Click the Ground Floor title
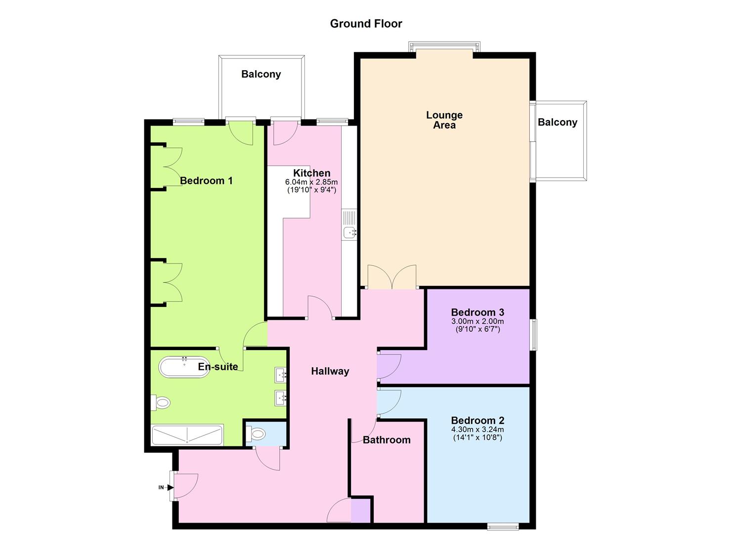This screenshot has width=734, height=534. coord(366,24)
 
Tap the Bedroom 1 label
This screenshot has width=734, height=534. coord(206,181)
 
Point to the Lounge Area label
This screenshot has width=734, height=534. coord(444,120)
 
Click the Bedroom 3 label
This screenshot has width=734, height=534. coord(477,312)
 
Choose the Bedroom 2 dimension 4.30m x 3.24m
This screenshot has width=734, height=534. coord(477,430)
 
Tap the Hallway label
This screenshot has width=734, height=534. coord(330,371)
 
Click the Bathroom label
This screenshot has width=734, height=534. coord(387,440)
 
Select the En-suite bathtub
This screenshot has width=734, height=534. coord(184,367)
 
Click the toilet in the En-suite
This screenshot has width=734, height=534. coord(161,403)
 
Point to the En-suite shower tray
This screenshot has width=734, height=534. coord(187,435)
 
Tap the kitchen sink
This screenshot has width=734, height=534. coord(350,231)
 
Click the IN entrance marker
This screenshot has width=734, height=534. coord(161,488)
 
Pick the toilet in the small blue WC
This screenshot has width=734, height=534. coord(257,434)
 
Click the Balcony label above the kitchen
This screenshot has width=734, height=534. coord(261,74)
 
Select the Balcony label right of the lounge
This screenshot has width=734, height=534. coord(558,122)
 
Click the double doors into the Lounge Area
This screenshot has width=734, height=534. coord(392,277)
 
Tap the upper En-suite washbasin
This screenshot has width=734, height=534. coord(281,375)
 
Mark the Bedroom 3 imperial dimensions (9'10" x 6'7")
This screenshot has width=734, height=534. coord(477,329)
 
